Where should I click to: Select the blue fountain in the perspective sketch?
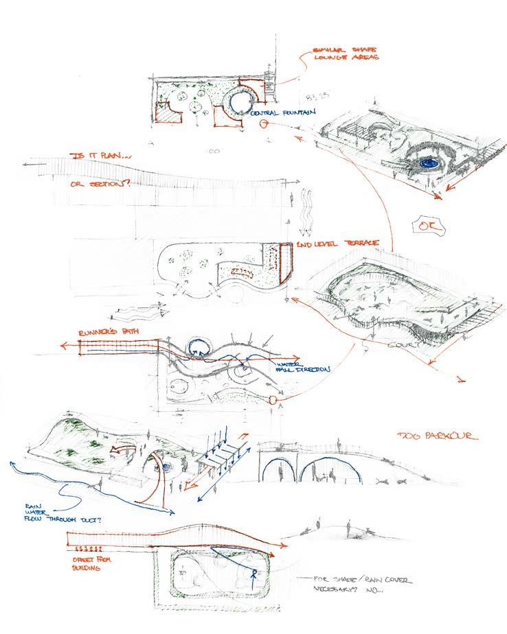tap(430, 163)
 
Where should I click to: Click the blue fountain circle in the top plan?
tap(241, 103)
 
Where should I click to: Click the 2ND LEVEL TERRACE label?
tap(330, 245)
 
